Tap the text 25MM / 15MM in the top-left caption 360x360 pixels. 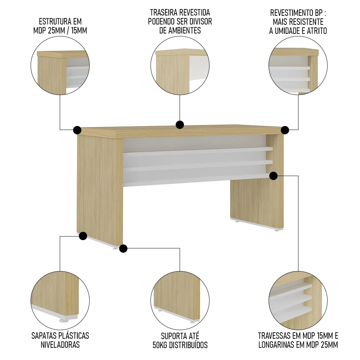(68, 31)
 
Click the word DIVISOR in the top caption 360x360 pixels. (200, 22)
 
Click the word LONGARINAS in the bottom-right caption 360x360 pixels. (277, 345)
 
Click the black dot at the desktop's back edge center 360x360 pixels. (180, 125)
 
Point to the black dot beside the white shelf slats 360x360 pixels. (273, 176)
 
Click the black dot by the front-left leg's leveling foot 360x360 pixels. (123, 248)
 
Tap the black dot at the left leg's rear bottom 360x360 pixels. (83, 236)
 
